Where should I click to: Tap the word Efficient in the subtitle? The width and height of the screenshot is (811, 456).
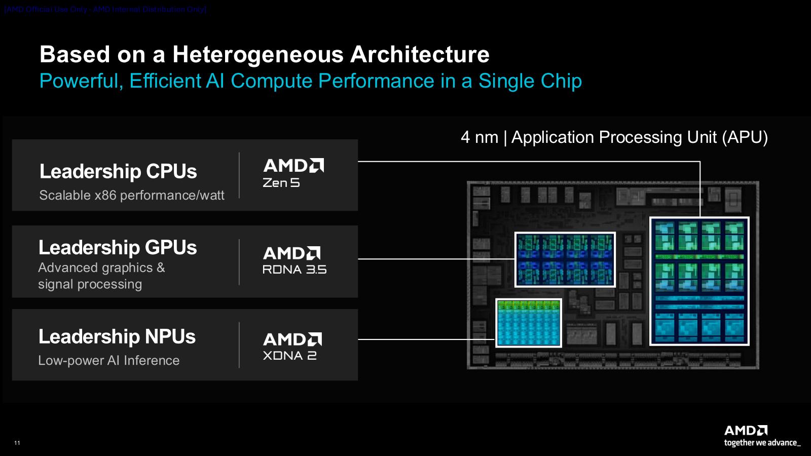[165, 81]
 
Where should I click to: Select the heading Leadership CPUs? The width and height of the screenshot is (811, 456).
[118, 171]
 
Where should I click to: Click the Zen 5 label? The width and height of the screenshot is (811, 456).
[281, 183]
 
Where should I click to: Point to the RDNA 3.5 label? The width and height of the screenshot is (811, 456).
[294, 270]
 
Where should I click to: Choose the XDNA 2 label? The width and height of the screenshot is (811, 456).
[290, 356]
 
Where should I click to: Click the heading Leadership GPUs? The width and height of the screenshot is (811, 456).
[118, 248]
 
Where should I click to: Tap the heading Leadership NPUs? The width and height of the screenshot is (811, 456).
[117, 337]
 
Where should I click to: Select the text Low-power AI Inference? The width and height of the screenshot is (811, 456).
[109, 360]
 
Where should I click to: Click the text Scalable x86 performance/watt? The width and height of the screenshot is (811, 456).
[132, 195]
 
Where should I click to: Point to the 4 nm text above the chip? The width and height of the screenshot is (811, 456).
[479, 137]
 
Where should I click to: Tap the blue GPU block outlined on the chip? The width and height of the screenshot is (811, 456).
[565, 259]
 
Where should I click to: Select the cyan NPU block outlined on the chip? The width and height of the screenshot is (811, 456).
[529, 323]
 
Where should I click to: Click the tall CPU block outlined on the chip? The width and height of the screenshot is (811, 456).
[699, 281]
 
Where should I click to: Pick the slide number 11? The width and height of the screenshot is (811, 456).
[17, 443]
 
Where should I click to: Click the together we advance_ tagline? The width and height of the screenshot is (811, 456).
[762, 443]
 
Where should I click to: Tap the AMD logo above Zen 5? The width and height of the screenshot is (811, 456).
[293, 166]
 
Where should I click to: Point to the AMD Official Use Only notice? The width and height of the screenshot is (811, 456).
[105, 9]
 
